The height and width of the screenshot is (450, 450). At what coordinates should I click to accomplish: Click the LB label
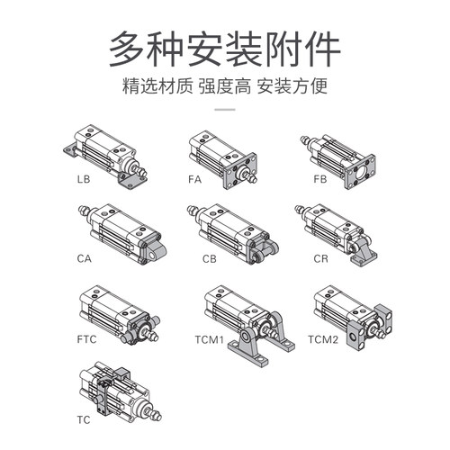[83, 179]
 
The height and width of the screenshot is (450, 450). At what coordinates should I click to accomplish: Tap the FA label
[194, 179]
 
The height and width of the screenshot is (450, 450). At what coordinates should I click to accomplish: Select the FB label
[319, 179]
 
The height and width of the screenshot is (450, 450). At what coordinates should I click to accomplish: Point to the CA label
[83, 258]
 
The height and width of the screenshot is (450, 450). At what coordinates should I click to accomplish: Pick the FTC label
[85, 340]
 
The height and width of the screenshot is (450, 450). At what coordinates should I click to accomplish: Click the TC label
[83, 419]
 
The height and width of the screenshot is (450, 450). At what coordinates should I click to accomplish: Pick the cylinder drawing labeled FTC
[117, 315]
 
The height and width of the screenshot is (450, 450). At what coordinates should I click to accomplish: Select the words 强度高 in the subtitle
[225, 89]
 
